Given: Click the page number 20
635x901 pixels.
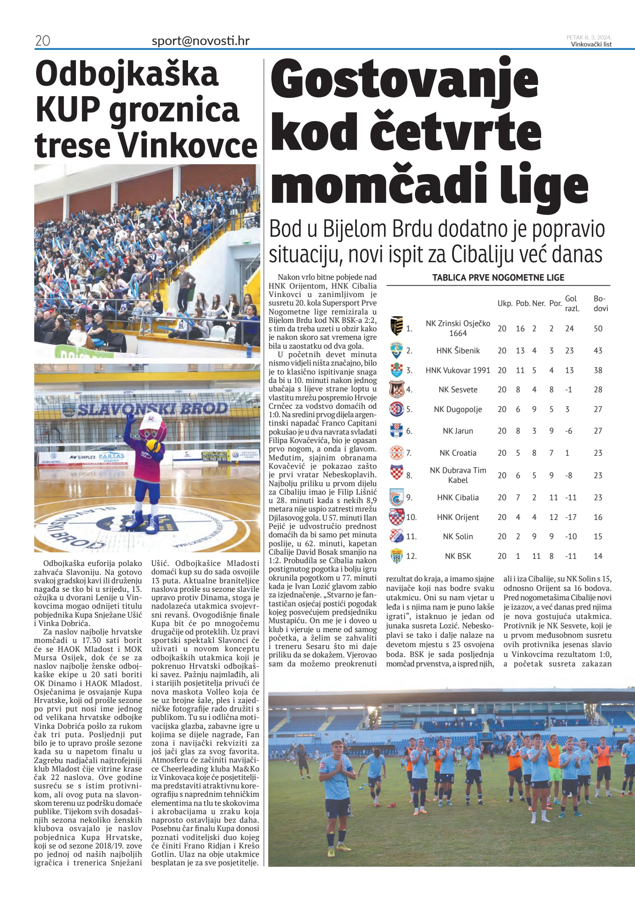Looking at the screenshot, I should [x=43, y=41].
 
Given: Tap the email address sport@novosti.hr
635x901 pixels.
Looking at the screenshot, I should [x=200, y=41].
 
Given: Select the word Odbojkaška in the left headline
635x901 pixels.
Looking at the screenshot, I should [x=127, y=74].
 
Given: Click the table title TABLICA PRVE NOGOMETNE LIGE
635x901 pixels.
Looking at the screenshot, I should [x=498, y=277].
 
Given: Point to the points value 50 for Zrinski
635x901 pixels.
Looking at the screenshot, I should [x=598, y=328].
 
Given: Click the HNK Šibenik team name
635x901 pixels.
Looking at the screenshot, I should [x=458, y=351].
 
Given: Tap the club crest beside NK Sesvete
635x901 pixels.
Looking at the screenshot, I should [x=396, y=389].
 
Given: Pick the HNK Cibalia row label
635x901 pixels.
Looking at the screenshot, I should [x=458, y=497].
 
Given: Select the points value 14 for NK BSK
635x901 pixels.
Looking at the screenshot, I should [x=598, y=556].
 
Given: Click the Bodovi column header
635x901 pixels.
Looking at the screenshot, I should [x=600, y=303].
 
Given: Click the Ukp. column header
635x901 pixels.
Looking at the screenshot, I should [x=505, y=303].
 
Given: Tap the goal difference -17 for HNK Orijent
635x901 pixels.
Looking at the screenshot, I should [x=571, y=517].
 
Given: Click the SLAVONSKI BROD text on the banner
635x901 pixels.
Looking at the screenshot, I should [x=152, y=409].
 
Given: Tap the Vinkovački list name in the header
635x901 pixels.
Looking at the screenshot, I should [x=591, y=45].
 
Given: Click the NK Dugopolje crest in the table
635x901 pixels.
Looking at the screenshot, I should [x=396, y=409].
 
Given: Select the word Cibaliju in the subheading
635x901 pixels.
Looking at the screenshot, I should [x=485, y=254].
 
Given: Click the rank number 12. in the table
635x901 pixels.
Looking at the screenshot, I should [x=411, y=556].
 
